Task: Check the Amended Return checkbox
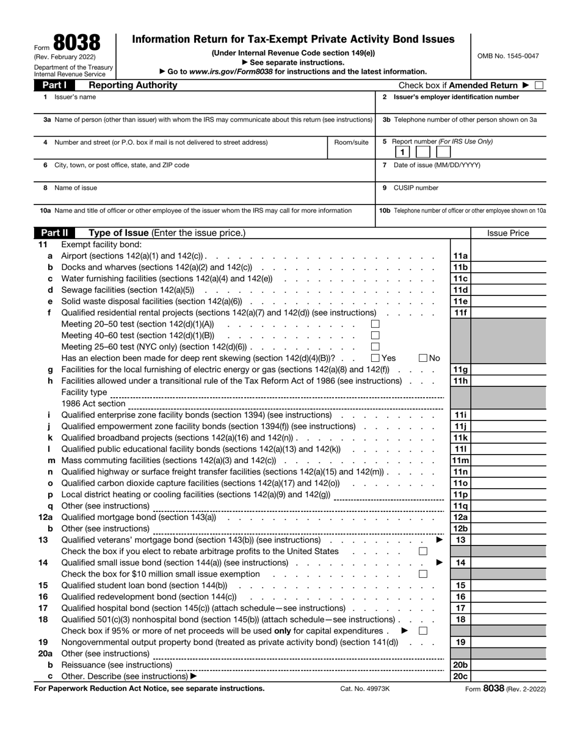[538, 85]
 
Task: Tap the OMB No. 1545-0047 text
[509, 56]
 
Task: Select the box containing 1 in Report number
[402, 152]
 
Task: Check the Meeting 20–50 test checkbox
[375, 324]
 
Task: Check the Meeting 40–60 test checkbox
[375, 335]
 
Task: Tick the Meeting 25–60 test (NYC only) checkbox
[375, 347]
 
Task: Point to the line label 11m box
[460, 460]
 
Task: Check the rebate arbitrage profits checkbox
[423, 551]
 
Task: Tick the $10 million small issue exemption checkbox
[423, 574]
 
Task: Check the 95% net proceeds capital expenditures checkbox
[423, 631]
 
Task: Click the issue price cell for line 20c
[509, 676]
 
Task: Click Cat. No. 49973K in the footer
[364, 688]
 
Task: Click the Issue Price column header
[508, 233]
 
